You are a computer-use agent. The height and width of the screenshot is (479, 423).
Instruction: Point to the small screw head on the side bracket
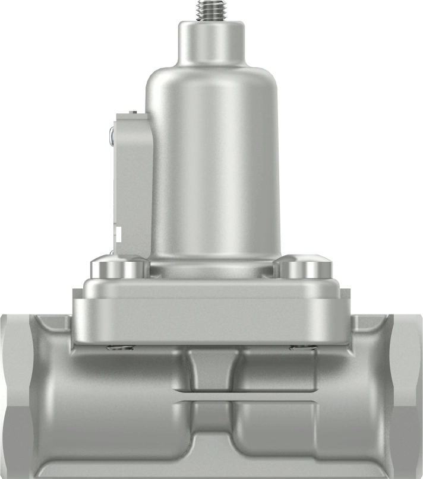click(x=112, y=137)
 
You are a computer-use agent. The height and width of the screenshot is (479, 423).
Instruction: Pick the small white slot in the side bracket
click(x=118, y=233)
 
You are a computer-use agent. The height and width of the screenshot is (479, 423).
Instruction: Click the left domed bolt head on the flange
click(x=119, y=268)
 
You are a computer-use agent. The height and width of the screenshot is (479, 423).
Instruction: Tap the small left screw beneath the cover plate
click(x=119, y=348)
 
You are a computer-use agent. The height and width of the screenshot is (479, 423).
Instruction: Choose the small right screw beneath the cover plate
click(x=302, y=348)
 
